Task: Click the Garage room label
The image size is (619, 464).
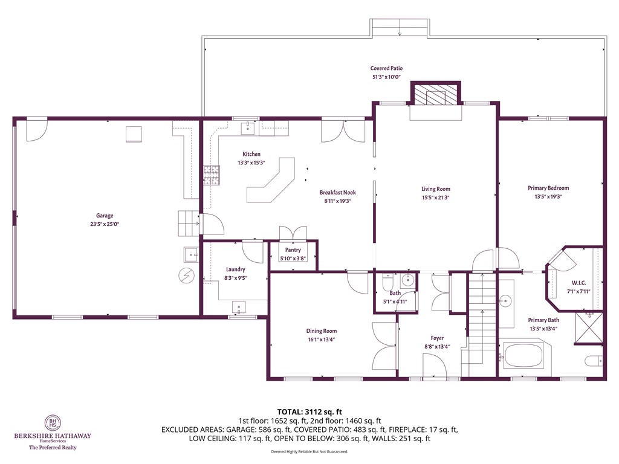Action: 105,216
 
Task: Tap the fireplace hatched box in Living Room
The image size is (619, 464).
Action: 435,94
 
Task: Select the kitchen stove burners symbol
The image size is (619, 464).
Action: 211,174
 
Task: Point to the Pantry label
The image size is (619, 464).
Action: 293,250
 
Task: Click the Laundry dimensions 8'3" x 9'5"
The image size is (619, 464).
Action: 235,278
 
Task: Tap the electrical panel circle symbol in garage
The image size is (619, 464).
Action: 187,275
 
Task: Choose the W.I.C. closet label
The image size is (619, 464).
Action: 578,283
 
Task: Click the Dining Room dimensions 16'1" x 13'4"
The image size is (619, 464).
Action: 321,340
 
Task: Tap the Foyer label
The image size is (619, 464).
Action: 437,338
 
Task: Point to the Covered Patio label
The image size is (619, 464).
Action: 386,68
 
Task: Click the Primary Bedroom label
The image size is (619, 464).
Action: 548,188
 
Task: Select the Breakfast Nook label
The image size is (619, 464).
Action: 338,193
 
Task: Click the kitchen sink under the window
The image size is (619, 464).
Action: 249,127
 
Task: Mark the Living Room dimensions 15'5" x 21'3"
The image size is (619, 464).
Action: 436,197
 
